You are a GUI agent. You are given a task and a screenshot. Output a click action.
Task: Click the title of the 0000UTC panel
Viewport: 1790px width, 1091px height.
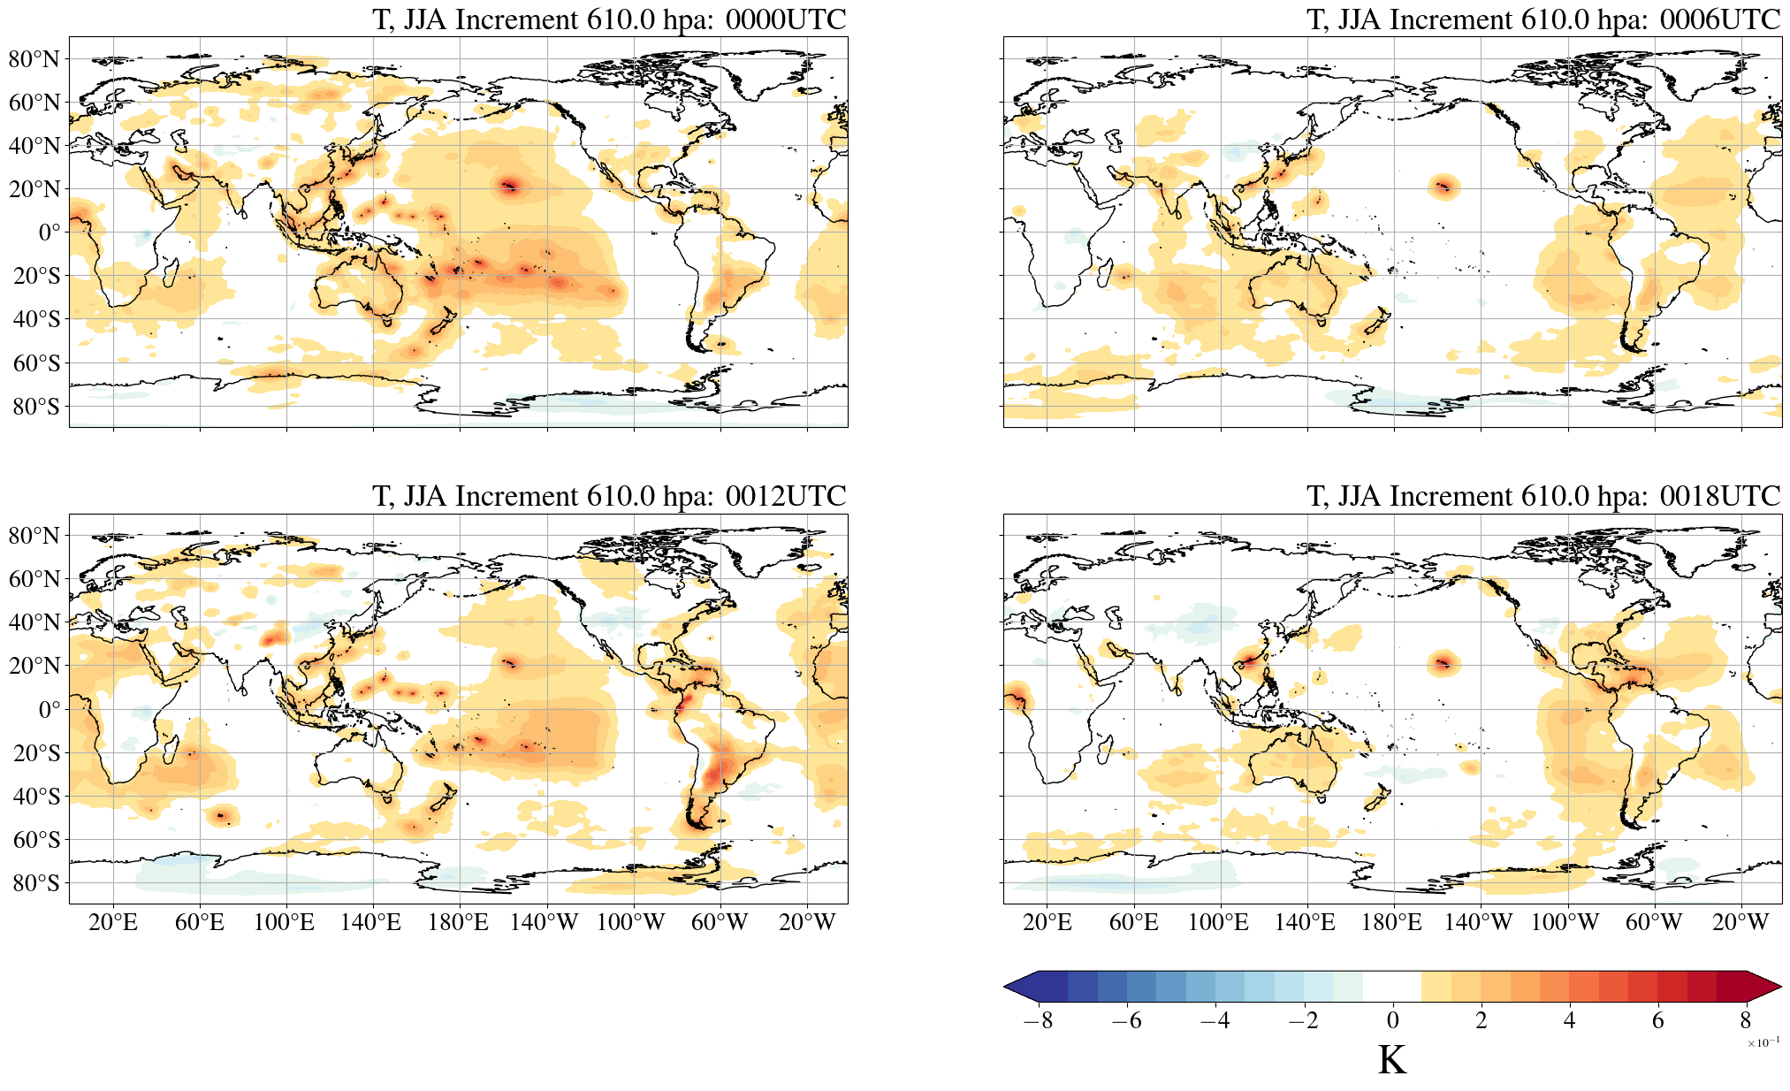609,19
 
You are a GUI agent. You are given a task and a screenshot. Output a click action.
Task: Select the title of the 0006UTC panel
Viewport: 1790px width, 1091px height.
1543,19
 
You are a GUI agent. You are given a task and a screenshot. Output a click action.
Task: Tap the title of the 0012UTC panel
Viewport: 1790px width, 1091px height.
609,496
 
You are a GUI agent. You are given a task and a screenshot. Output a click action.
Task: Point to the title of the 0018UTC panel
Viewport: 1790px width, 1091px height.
1543,496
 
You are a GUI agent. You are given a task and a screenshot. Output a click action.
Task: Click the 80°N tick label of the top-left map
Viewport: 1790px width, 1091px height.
34,59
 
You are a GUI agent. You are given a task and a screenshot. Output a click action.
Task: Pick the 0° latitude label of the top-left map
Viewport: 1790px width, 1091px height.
49,233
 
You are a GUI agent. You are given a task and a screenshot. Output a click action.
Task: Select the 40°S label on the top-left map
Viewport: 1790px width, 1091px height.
36,319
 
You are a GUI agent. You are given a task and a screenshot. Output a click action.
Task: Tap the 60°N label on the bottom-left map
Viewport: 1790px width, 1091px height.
34,579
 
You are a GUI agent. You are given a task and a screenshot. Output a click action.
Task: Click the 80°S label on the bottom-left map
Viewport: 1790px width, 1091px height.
36,883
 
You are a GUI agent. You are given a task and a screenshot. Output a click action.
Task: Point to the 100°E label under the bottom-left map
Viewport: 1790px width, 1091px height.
284,923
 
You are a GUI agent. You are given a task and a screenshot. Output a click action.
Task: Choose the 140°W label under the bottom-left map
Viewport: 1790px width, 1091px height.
545,923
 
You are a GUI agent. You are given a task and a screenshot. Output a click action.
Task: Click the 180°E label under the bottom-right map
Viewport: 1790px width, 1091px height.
1391,923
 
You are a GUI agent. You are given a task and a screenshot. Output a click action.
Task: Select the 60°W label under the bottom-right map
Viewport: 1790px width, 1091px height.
1653,923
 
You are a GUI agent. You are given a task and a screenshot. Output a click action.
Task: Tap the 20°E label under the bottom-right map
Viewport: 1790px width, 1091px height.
1047,923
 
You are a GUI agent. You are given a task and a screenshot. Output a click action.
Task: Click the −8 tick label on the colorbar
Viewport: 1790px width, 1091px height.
1038,1021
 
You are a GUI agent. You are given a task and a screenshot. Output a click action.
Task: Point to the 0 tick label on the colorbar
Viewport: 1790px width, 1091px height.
1392,1021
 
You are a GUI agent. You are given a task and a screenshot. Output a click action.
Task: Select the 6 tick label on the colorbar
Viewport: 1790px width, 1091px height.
1657,1021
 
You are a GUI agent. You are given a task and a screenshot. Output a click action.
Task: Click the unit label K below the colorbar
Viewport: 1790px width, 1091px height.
1391,1061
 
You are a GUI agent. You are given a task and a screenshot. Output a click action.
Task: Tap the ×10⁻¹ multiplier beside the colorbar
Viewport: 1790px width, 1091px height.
1763,1043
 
